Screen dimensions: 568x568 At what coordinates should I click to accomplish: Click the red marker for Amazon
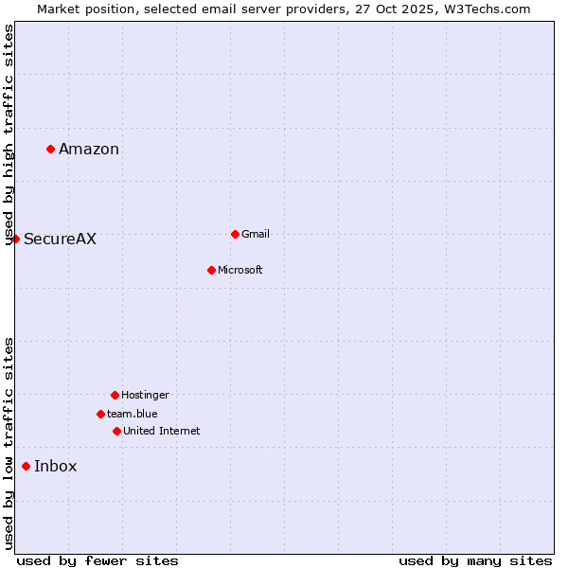click(x=50, y=149)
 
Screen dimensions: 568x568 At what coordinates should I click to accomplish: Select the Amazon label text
click(x=89, y=149)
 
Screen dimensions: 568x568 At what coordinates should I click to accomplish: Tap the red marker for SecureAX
click(x=15, y=239)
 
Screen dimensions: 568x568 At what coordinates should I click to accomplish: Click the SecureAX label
click(x=60, y=239)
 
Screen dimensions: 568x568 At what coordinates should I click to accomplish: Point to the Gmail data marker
click(x=235, y=234)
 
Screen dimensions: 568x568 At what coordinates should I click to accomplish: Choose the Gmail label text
click(x=256, y=234)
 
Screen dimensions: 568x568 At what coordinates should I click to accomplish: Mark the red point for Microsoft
click(x=211, y=270)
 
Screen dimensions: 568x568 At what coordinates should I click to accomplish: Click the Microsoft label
click(x=240, y=270)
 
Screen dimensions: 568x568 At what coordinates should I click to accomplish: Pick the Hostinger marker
click(x=115, y=395)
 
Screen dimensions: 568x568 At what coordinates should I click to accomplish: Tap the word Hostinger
click(x=145, y=395)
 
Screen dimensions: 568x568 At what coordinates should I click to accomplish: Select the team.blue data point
click(x=100, y=414)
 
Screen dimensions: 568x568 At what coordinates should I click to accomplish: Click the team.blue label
click(x=133, y=414)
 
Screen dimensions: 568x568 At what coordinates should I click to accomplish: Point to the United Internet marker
click(x=116, y=431)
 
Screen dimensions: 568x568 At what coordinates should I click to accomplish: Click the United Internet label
click(x=162, y=431)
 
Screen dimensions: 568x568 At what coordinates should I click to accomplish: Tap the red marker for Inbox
click(x=26, y=466)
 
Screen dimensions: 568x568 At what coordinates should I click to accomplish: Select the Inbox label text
click(x=56, y=466)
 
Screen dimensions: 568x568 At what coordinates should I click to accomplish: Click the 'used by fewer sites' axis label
click(x=98, y=560)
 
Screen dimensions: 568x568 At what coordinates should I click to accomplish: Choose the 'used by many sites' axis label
click(x=475, y=560)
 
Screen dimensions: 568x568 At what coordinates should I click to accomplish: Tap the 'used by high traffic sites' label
click(x=9, y=134)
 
